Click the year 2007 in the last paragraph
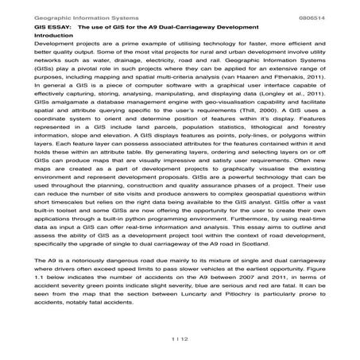pyautogui.click(x=226, y=296)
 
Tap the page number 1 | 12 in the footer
pyautogui.click(x=180, y=339)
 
